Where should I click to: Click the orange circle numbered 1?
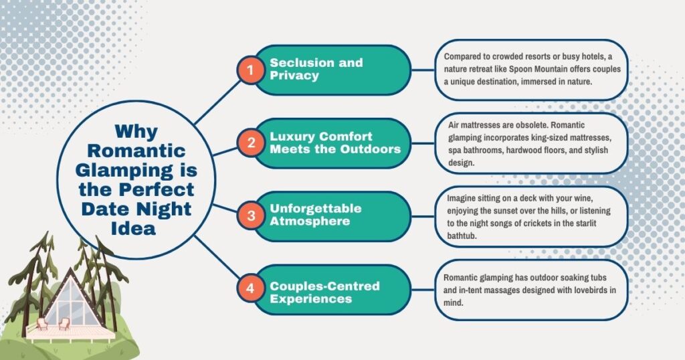[250, 70]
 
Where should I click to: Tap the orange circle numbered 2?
[251, 143]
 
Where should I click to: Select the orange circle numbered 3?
[251, 215]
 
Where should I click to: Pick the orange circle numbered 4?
[250, 288]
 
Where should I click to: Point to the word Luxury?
[290, 137]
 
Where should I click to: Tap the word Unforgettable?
[316, 208]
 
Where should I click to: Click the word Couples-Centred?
[324, 286]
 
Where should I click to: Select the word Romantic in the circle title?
[136, 151]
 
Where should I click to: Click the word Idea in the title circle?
[133, 228]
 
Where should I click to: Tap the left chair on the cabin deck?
[42, 324]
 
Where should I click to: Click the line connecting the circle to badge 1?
[217, 102]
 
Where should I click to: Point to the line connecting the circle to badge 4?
[217, 256]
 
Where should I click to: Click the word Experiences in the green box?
[310, 299]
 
